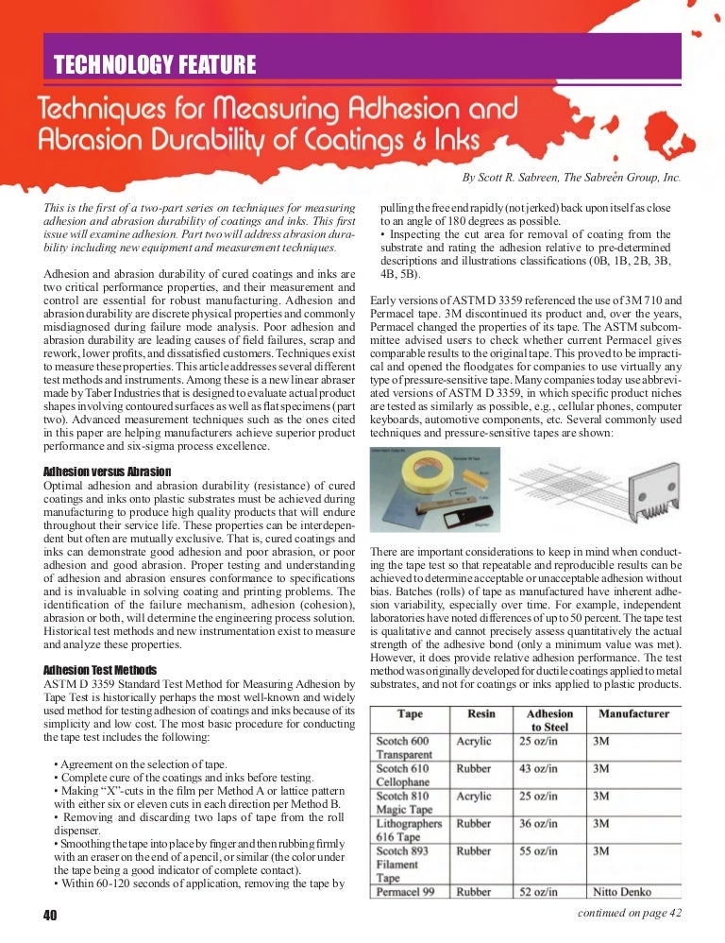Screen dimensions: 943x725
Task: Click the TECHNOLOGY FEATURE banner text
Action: coord(155,65)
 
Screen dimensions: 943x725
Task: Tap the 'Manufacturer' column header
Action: coord(632,713)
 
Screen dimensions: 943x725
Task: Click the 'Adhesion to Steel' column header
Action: coord(549,720)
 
